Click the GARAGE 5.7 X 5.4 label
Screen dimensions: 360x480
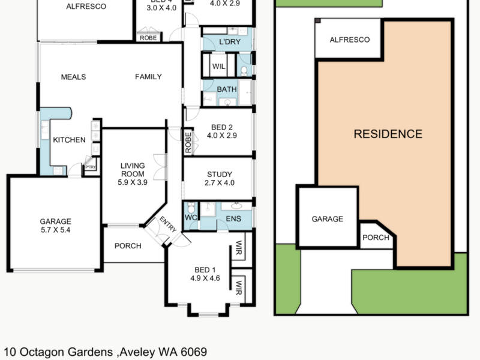(x=55, y=225)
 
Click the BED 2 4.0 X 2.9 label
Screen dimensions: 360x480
(x=221, y=131)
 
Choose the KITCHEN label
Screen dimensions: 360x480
(x=69, y=140)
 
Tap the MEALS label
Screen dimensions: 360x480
(x=73, y=77)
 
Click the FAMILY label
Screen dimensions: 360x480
(x=148, y=77)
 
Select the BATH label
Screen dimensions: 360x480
(x=227, y=90)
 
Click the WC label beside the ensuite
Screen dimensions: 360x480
(x=191, y=217)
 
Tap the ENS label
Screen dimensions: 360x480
(x=233, y=219)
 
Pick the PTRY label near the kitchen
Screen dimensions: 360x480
(x=91, y=167)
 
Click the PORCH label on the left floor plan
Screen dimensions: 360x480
(x=128, y=246)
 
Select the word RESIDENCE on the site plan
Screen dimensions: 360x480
(x=388, y=134)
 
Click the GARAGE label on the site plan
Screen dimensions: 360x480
(x=327, y=219)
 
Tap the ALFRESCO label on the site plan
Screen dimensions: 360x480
(x=350, y=40)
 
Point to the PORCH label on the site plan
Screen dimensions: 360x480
(x=376, y=238)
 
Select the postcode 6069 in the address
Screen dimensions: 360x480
(x=193, y=352)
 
